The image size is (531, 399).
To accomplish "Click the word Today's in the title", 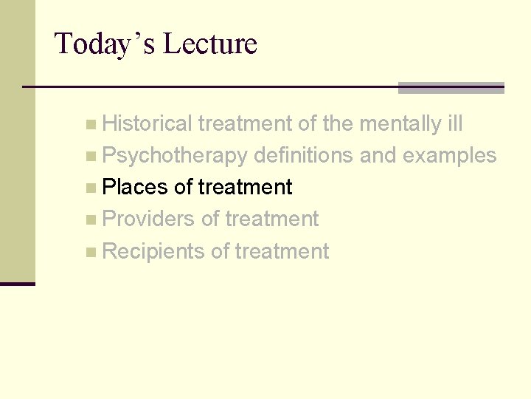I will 104,44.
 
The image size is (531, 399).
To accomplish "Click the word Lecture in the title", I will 209,44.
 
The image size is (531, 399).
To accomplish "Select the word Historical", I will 147,124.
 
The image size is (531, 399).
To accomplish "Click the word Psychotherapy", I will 175,156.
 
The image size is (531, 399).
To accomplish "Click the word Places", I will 135,188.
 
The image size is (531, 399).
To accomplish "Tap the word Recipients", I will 153,252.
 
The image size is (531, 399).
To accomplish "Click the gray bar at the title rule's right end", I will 451,88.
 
